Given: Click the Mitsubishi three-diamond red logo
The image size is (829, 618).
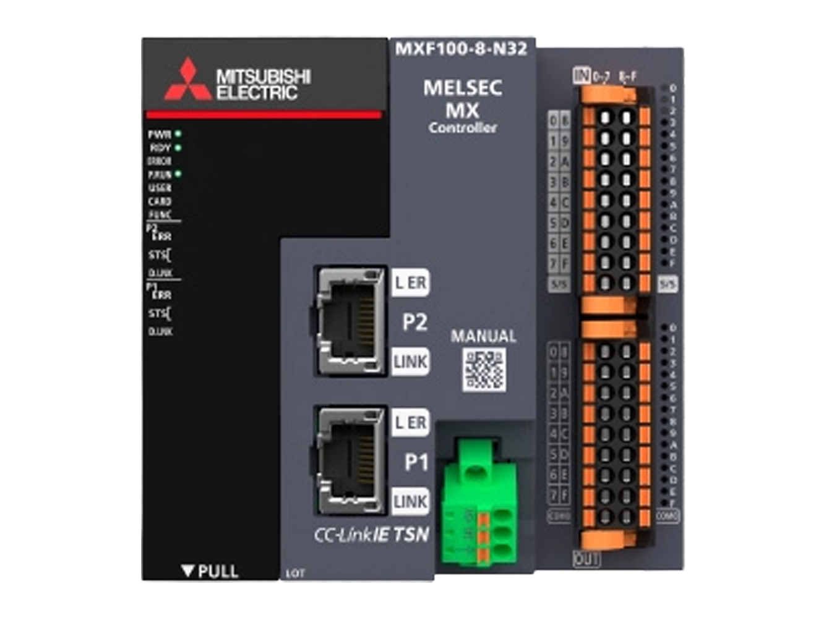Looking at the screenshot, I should (x=187, y=81).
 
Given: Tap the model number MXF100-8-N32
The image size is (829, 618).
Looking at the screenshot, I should (x=461, y=49).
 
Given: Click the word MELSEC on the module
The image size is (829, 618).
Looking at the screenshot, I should (x=462, y=88).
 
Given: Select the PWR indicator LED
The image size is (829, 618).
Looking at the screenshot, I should (x=178, y=133).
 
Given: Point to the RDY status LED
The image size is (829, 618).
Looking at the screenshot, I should (x=178, y=148).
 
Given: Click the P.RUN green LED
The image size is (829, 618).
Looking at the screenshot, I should (x=178, y=174).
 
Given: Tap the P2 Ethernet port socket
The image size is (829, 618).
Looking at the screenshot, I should (x=350, y=320).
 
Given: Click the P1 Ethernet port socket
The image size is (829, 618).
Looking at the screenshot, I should (x=350, y=460).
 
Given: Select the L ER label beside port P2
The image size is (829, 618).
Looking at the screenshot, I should (x=410, y=283).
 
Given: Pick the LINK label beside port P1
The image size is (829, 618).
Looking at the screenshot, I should (x=410, y=501).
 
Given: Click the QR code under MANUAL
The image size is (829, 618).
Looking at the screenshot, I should (x=484, y=370).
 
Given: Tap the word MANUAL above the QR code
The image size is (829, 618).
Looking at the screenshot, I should (x=483, y=336).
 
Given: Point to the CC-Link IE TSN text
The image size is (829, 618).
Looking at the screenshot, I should (x=371, y=535).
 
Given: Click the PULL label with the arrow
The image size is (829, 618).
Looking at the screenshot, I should (x=210, y=571).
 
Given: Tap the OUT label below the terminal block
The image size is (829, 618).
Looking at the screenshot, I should (x=586, y=559).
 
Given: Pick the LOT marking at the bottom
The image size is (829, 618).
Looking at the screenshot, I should (x=295, y=574).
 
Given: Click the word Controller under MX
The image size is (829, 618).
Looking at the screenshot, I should (x=463, y=128).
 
